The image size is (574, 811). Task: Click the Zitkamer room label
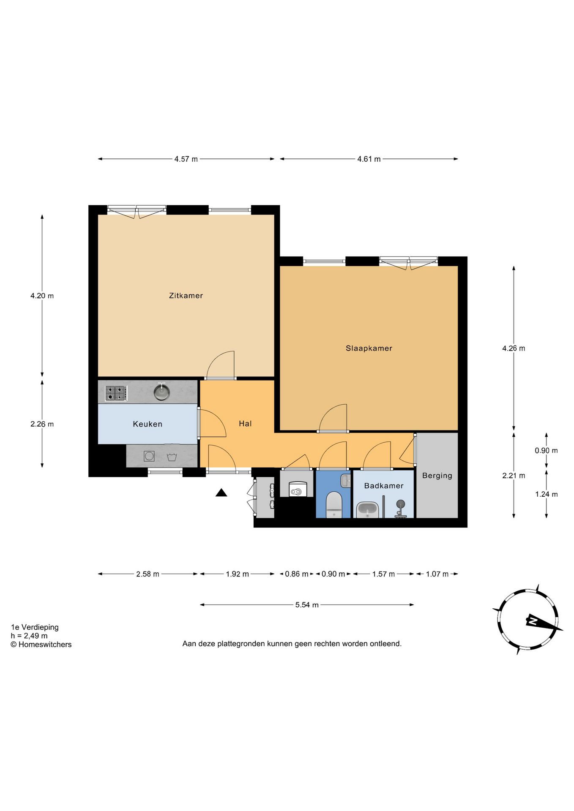coord(186,296)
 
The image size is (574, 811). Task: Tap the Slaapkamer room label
coord(369,348)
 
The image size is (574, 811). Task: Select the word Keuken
coord(148,424)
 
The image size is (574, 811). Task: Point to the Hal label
coord(245,424)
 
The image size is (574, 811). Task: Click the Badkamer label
coord(384,486)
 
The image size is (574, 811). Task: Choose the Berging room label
coord(437,476)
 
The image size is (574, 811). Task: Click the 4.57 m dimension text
coord(186,159)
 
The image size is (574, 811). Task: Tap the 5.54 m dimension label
coord(307,605)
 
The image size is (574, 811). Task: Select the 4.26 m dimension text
coord(514,348)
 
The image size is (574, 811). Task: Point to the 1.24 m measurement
coord(546,494)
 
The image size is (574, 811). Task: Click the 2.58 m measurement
coord(148,574)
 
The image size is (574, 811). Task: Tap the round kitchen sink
coord(161,392)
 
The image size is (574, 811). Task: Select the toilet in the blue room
coord(334,504)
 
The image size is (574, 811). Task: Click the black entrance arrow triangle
coord(221,493)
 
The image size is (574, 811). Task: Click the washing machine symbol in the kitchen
coord(149,456)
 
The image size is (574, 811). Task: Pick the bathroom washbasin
coord(367,509)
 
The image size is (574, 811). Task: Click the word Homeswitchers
coord(45,645)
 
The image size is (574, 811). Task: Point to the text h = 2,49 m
coord(29,636)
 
